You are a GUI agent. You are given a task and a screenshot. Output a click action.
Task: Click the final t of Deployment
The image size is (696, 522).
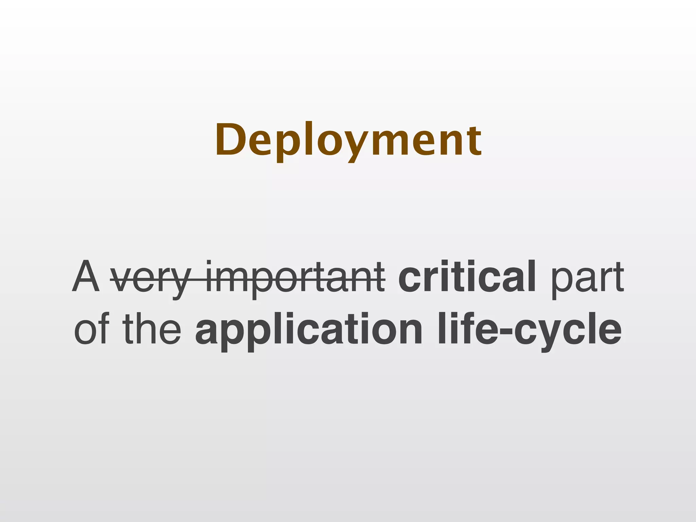tap(474, 141)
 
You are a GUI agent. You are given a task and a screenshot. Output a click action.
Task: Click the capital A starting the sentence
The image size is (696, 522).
tap(86, 276)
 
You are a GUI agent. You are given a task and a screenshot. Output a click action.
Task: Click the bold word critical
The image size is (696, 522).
tap(467, 276)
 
